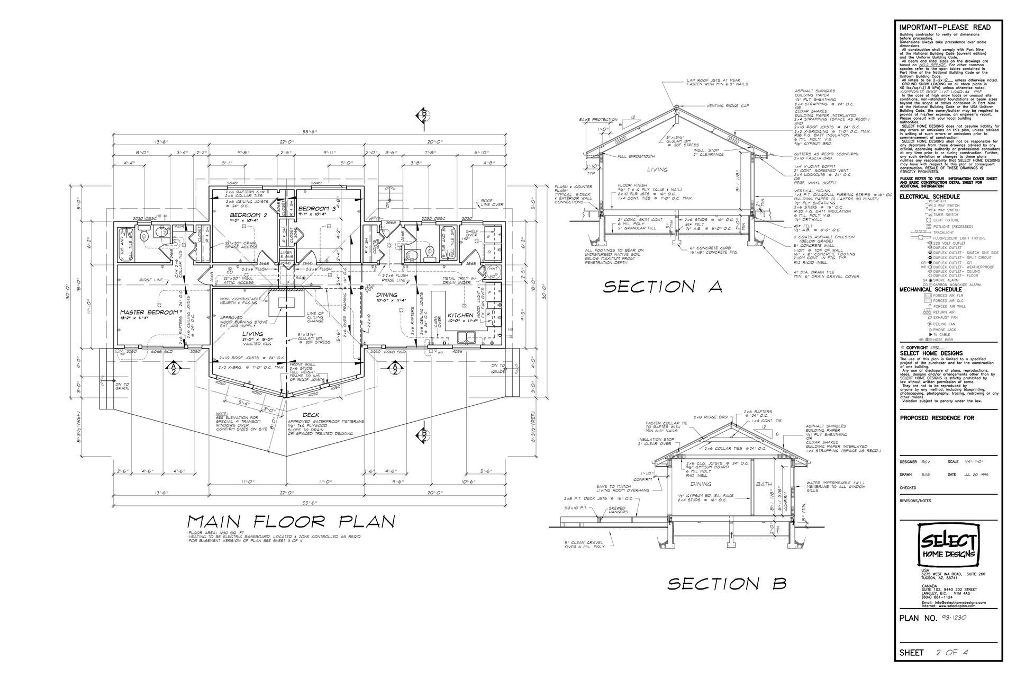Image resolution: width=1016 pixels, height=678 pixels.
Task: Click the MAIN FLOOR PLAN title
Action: [x=291, y=522]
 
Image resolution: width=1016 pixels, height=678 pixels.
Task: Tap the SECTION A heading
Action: [x=663, y=287]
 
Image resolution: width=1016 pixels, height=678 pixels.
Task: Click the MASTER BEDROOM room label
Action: [x=149, y=313]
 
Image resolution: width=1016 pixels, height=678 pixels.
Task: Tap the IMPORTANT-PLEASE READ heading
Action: [x=945, y=28]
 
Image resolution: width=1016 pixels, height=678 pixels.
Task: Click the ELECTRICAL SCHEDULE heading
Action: [x=930, y=197]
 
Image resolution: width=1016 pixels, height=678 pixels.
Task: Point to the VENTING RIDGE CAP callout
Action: [x=728, y=106]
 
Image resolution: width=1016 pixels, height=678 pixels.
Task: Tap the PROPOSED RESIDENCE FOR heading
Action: [x=937, y=418]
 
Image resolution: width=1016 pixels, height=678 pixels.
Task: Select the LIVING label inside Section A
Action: [x=656, y=170]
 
